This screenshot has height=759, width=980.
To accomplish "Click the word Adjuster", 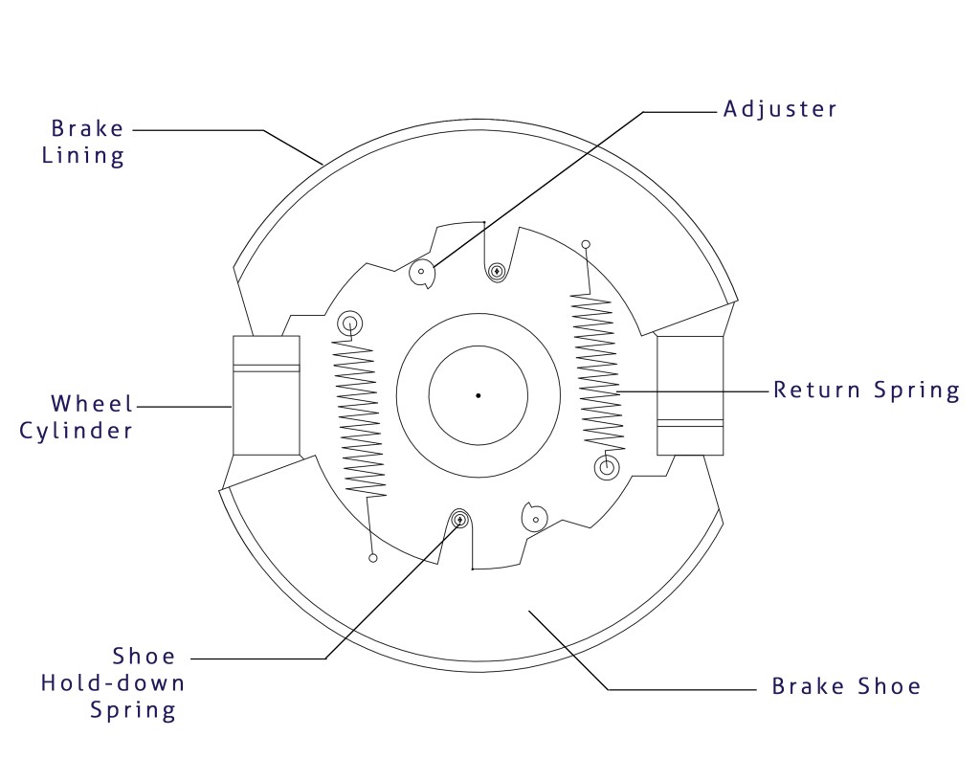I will pos(780,109).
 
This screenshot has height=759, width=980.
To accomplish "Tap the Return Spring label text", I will pos(866,391).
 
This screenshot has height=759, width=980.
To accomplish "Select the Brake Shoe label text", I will pos(846,686).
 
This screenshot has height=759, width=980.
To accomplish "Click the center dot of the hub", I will pos(478,395).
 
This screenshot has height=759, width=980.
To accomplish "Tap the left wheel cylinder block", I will pos(266,395).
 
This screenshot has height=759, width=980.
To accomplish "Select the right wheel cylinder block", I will pos(690,395).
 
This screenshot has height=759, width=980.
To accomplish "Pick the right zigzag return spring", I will pos(596,373).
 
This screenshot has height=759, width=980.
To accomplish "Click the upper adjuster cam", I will pos(422,274).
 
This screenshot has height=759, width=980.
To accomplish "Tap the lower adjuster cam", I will pos(534,518).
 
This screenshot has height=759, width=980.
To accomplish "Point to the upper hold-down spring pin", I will pos(497,273).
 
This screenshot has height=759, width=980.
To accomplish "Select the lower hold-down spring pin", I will pos(459,519).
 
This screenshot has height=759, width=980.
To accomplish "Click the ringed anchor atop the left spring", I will pos(349,323).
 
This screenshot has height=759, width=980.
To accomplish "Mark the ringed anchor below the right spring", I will pos(606,468).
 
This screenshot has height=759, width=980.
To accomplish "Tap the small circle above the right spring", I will pos(586,244).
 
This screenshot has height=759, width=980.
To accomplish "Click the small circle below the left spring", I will pos(372,558).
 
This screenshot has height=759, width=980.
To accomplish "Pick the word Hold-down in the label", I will pos(113,683).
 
